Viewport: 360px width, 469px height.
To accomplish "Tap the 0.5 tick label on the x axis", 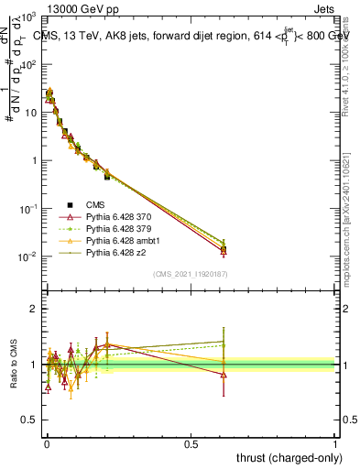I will pos(191,443).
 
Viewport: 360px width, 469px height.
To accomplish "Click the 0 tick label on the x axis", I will pos(47,443).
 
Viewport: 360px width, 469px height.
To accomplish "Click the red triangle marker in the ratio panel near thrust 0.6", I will pos(224,375).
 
